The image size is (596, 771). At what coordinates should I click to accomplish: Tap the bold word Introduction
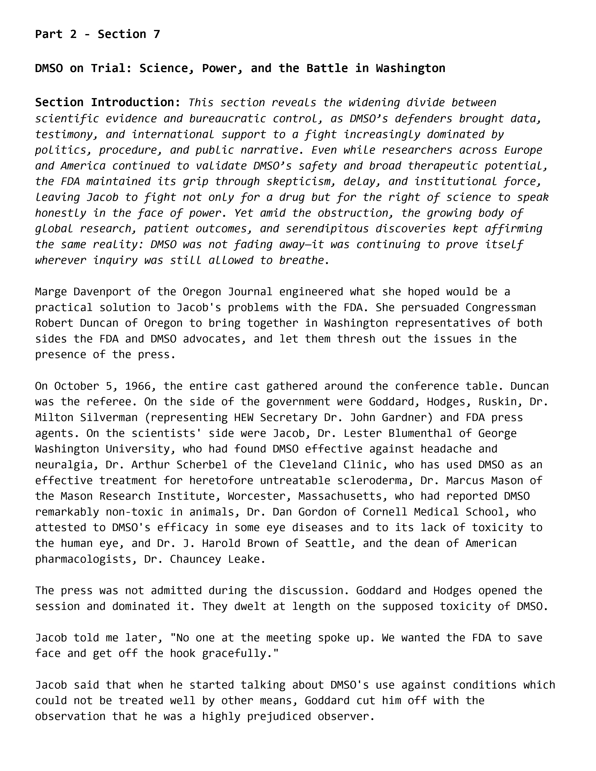coord(136,102)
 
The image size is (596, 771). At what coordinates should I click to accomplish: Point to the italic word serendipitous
coord(327,229)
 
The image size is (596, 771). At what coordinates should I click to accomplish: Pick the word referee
coord(115,402)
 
